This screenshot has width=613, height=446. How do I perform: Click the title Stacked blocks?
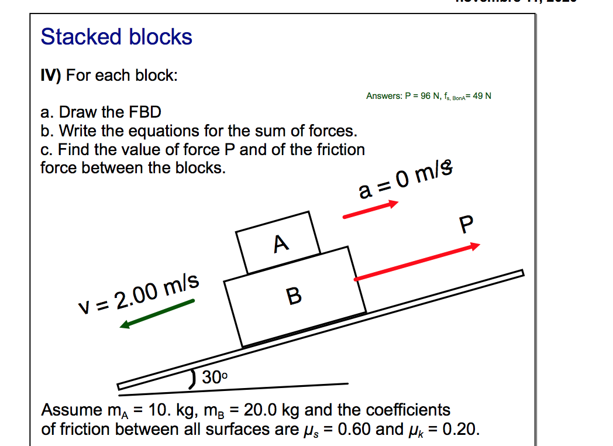116,37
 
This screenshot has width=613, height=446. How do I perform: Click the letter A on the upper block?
281,242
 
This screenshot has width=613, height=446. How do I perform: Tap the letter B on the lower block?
295,296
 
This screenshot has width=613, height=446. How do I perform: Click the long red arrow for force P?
416,262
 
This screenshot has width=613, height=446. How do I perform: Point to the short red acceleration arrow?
370,210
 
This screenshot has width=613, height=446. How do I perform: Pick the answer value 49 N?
481,96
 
